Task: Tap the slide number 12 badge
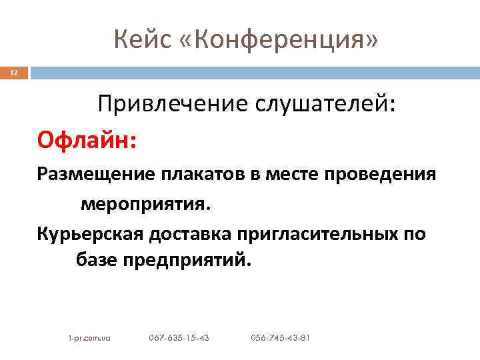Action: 14,73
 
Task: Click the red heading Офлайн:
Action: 87,141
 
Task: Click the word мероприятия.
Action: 145,203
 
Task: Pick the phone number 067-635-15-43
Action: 179,338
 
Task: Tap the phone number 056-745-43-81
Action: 280,338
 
